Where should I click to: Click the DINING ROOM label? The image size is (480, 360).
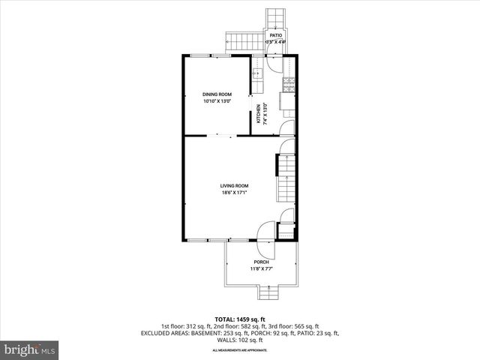pyautogui.click(x=217, y=94)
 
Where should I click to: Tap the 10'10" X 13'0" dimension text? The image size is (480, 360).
pyautogui.click(x=217, y=100)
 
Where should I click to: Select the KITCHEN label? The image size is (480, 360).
pyautogui.click(x=259, y=113)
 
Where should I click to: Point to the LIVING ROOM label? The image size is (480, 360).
pyautogui.click(x=234, y=185)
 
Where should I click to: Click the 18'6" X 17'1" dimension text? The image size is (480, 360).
pyautogui.click(x=234, y=192)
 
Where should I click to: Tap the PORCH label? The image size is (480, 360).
pyautogui.click(x=260, y=262)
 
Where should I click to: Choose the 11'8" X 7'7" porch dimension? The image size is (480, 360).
pyautogui.click(x=260, y=268)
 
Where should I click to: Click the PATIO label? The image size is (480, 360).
pyautogui.click(x=276, y=34)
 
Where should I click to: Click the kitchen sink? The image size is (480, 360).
pyautogui.click(x=257, y=73)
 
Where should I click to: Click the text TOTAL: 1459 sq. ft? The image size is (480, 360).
pyautogui.click(x=239, y=319)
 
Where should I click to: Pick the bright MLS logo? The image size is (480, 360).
pyautogui.click(x=30, y=349)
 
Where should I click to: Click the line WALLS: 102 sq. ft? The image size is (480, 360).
pyautogui.click(x=239, y=340)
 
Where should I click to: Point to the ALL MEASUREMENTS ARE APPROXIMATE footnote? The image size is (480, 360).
pyautogui.click(x=239, y=350)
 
